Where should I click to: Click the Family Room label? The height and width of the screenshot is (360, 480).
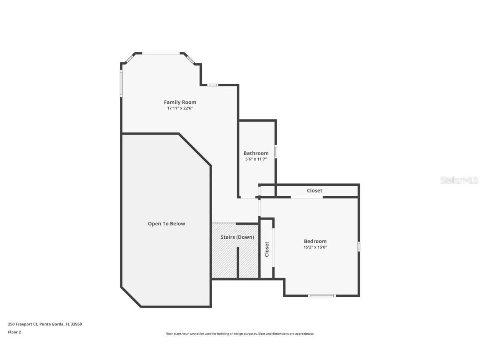pyautogui.click(x=180, y=102)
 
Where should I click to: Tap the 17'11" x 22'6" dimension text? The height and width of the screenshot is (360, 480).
pyautogui.click(x=180, y=108)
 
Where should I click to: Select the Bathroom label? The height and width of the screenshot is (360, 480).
pyautogui.click(x=256, y=153)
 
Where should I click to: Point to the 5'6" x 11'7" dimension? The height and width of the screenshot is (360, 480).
pyautogui.click(x=256, y=159)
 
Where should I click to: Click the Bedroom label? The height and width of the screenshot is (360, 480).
pyautogui.click(x=315, y=241)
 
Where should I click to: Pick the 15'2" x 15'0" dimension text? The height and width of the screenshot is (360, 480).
pyautogui.click(x=315, y=247)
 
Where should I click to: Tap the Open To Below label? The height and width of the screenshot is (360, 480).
pyautogui.click(x=166, y=224)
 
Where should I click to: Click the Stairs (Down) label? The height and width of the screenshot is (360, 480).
pyautogui.click(x=237, y=237)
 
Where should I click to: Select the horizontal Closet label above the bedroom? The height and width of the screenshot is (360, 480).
pyautogui.click(x=315, y=190)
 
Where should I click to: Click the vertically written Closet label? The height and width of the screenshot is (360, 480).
pyautogui.click(x=267, y=249)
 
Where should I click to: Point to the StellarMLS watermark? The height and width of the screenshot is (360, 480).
pyautogui.click(x=459, y=180)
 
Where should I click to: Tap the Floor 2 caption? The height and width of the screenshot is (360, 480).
pyautogui.click(x=14, y=332)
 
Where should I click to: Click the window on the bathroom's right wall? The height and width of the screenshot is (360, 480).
pyautogui.click(x=275, y=151)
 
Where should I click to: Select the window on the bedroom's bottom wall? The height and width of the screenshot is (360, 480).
pyautogui.click(x=322, y=296)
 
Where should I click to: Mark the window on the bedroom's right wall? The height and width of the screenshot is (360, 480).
pyautogui.click(x=358, y=246)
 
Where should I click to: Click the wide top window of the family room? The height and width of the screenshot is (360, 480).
pyautogui.click(x=161, y=53)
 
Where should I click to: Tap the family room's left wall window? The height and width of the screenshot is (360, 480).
pyautogui.click(x=121, y=83)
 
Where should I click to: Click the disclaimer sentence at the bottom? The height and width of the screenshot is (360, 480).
pyautogui.click(x=240, y=334)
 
